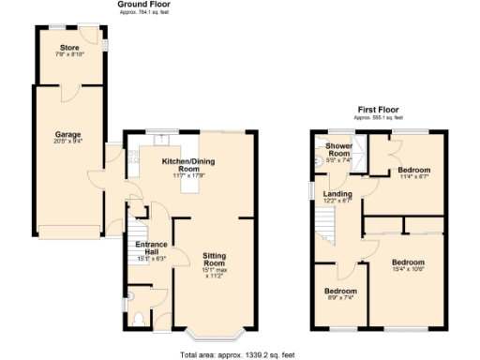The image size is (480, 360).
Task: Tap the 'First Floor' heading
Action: click(381, 110)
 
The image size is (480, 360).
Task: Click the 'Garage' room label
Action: click(67, 134)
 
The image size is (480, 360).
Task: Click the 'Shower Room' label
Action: click(337, 150)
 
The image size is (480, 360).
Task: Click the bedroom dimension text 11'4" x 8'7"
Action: click(412, 176)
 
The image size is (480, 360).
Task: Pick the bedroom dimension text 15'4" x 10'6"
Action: click(408, 269)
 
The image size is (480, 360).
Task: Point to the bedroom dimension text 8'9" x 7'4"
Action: click(337, 298)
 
